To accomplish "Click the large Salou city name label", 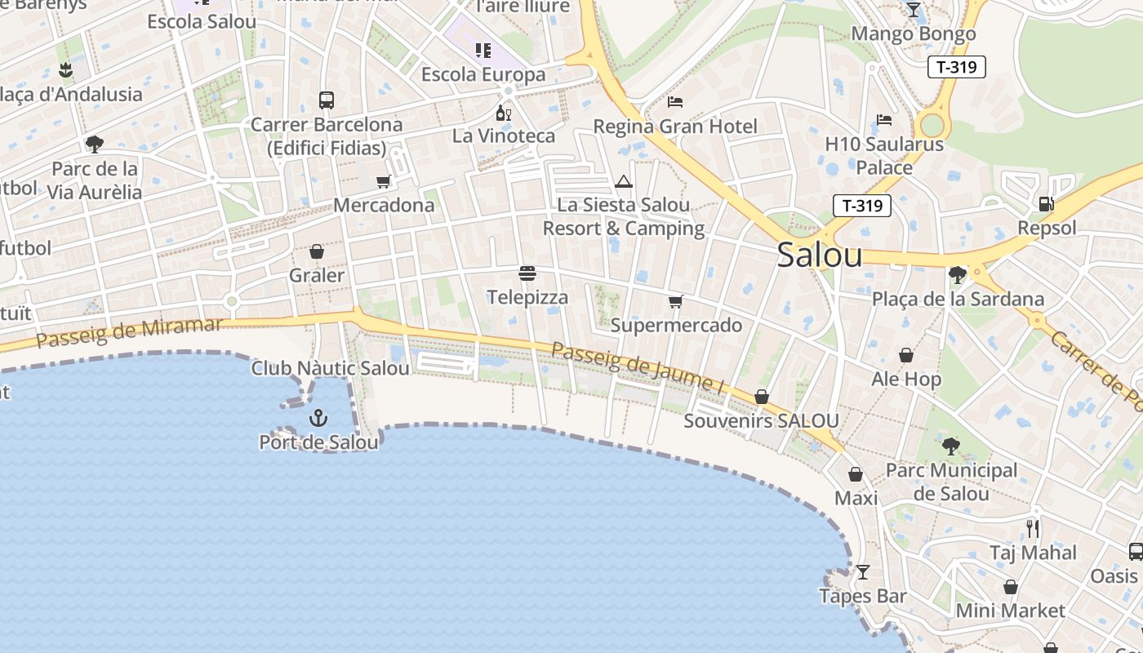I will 819,255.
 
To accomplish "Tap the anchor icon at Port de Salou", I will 318,419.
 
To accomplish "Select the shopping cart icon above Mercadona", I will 384,181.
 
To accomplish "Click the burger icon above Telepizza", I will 527,273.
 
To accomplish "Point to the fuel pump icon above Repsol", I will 1046,203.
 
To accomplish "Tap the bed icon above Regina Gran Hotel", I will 675,102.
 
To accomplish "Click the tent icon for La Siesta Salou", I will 624,181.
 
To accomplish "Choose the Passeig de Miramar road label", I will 129,332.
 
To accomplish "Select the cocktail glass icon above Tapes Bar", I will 863,571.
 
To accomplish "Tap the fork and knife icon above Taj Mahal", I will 1033,528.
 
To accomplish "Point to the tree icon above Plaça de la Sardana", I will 958,275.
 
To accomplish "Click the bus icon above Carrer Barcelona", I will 327,100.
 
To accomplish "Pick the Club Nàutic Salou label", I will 330,368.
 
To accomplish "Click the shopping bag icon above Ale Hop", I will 906,355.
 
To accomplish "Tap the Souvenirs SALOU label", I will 761,421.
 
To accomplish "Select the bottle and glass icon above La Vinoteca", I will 503,113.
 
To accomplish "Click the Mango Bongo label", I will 914,34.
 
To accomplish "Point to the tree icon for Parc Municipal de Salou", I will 950,446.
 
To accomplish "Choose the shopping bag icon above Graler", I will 317,251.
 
